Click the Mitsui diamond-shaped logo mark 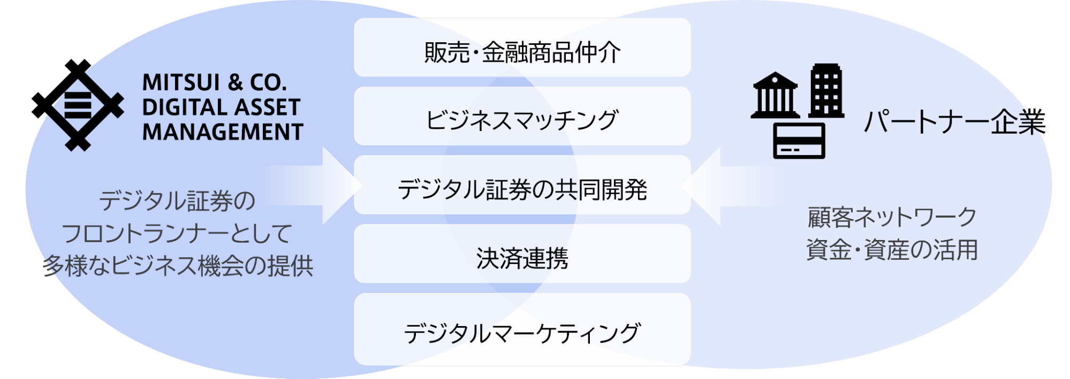86,110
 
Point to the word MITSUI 181,83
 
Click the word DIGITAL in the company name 181,107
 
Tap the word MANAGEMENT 223,132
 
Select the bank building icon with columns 775,96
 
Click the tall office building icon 826,91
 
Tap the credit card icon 799,141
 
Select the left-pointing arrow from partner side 731,186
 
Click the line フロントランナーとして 177,234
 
